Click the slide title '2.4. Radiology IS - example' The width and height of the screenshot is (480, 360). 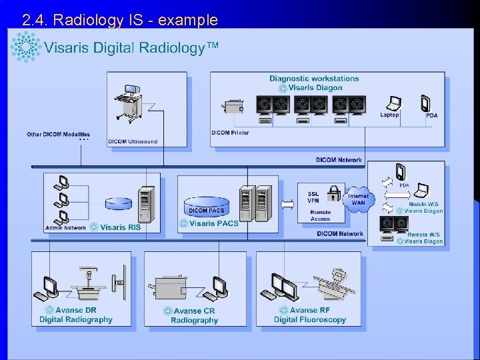[120, 20]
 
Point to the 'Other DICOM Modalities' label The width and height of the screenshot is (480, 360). [58, 135]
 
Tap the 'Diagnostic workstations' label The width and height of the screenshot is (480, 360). [313, 79]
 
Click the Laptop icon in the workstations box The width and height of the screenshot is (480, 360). [394, 103]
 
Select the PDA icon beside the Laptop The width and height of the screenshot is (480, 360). [425, 103]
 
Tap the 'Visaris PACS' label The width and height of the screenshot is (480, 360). [213, 224]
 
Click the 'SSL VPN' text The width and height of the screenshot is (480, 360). [313, 197]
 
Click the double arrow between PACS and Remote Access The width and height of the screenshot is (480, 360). [287, 203]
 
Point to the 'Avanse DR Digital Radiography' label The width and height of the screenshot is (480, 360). [76, 315]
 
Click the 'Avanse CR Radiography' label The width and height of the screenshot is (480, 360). [194, 315]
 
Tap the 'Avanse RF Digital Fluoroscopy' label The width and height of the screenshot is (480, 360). [310, 315]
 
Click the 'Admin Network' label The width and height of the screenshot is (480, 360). [66, 228]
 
